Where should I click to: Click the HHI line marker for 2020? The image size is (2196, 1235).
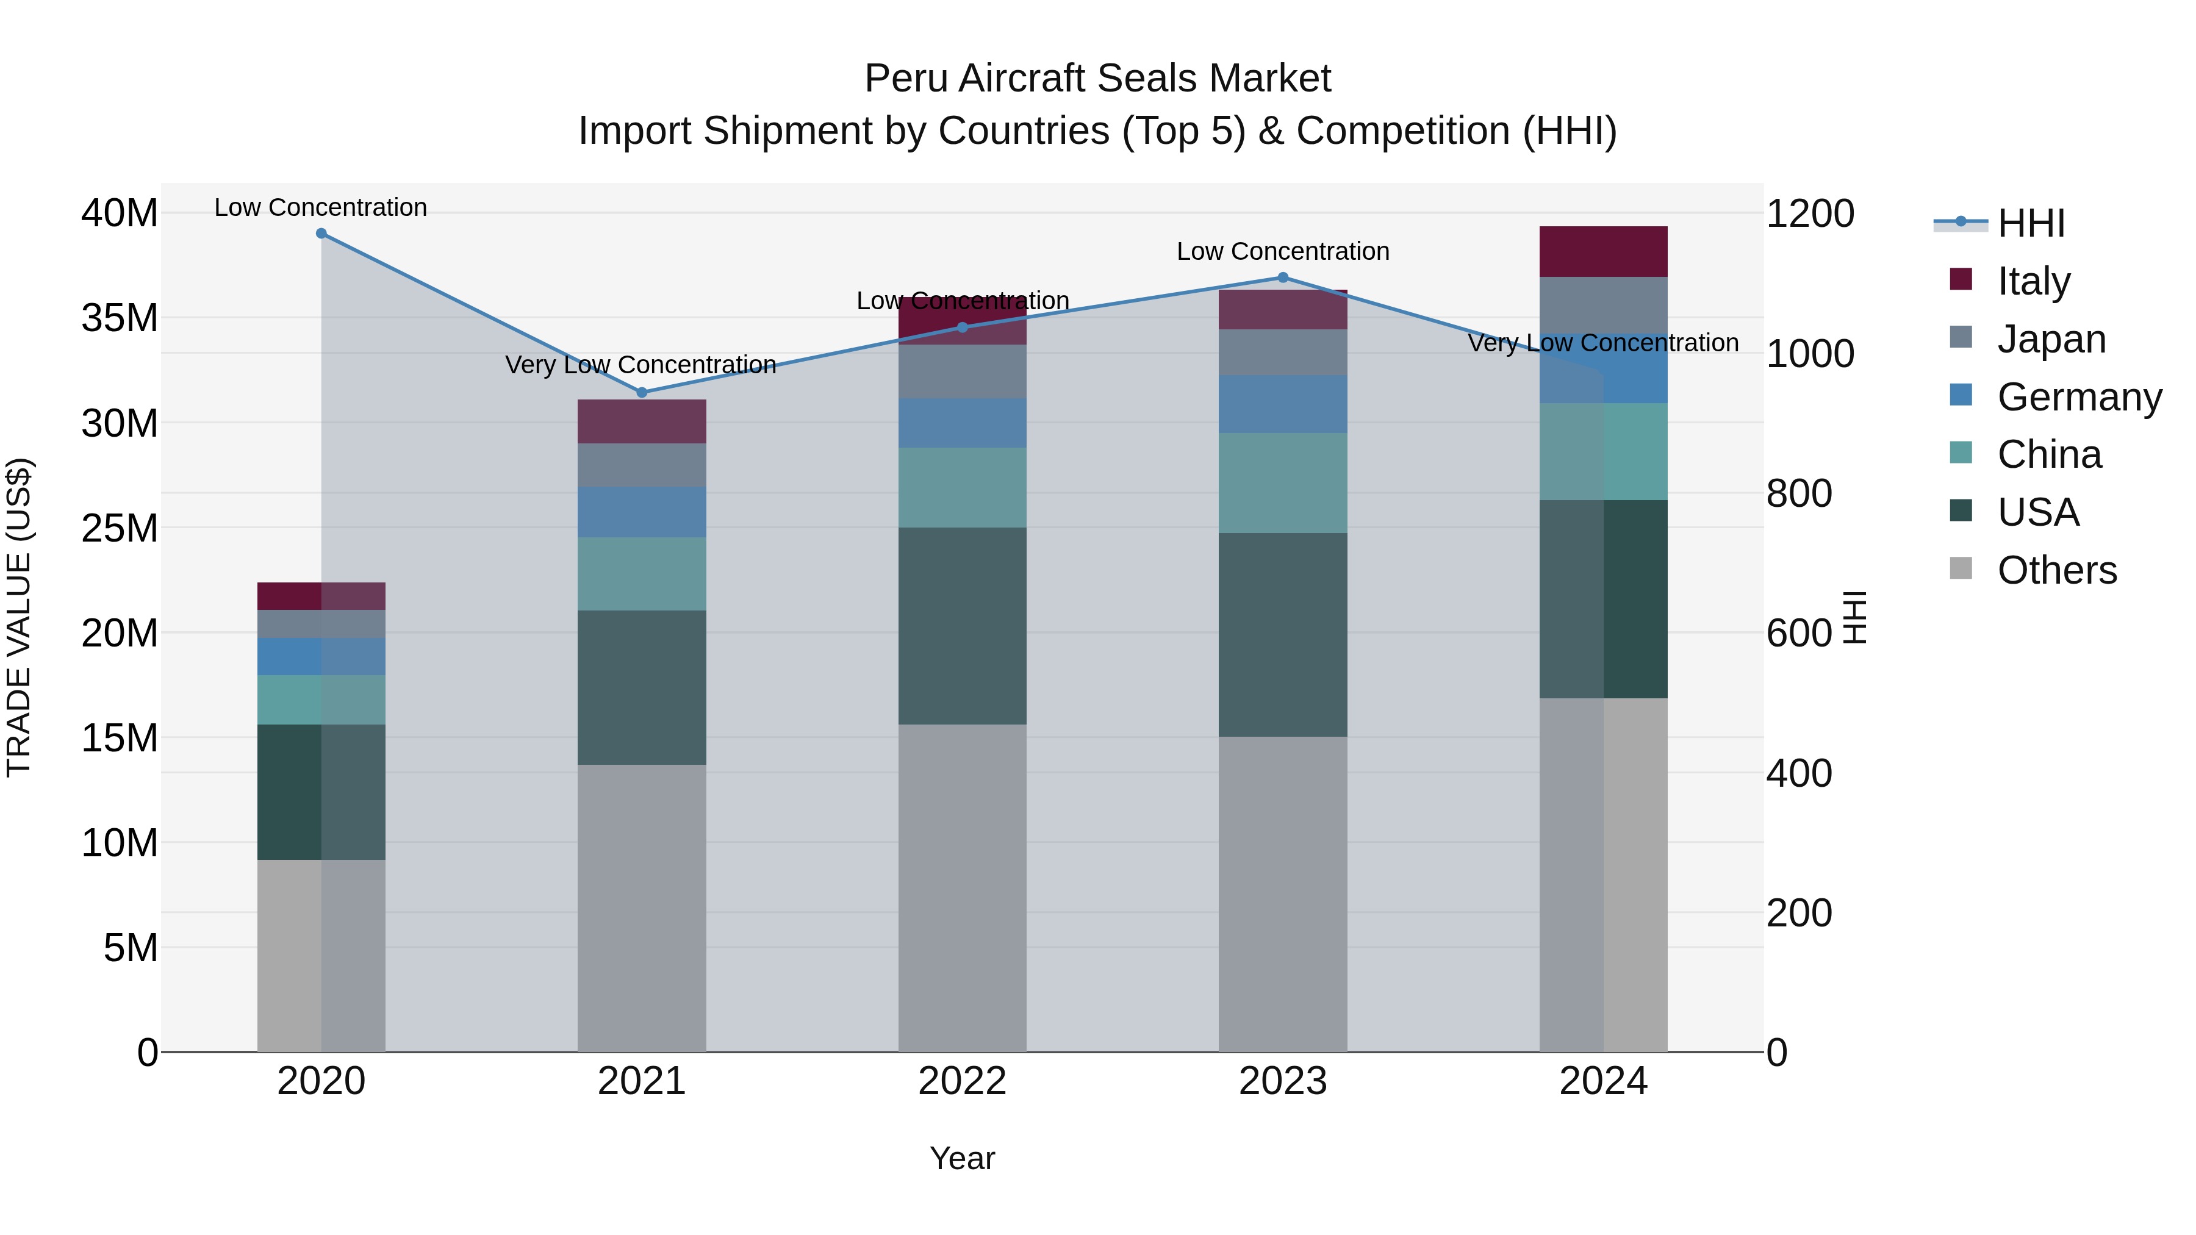coord(321,234)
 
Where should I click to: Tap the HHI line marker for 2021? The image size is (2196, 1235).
coord(642,393)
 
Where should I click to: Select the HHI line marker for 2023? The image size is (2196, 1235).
coord(1283,278)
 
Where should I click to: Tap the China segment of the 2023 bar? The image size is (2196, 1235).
coord(1283,482)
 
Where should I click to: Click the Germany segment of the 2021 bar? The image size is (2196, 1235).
coord(642,512)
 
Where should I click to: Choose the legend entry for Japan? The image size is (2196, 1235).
coord(2050,339)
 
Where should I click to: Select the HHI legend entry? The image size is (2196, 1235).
coord(2029,223)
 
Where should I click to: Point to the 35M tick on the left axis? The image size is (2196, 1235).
coord(120,318)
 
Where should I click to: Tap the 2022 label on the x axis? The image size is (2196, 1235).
coord(963,1081)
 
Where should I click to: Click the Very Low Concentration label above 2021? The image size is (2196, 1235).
coord(640,365)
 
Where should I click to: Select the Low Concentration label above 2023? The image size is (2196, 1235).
coord(1283,251)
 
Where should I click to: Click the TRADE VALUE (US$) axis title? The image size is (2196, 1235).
coord(19,617)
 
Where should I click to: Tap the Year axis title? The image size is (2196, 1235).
coord(963,1158)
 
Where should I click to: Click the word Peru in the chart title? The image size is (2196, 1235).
coord(906,79)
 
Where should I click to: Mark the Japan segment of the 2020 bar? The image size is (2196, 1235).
coord(321,624)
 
